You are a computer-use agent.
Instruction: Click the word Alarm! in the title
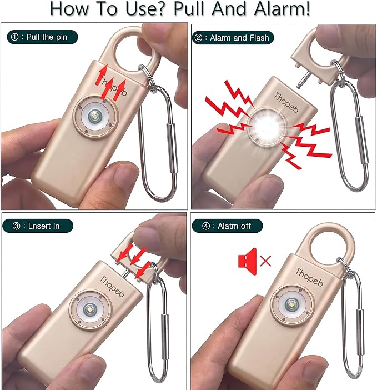282,9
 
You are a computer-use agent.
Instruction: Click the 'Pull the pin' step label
42,37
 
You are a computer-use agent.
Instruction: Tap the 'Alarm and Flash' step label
233,38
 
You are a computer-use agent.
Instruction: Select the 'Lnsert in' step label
38,226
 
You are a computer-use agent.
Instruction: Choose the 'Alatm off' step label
227,226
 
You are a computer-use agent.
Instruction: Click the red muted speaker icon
247,262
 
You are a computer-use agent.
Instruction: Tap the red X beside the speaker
265,261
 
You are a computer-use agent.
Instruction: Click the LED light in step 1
95,117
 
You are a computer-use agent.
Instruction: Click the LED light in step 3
90,310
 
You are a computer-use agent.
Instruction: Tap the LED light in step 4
291,305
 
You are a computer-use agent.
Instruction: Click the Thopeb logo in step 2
286,102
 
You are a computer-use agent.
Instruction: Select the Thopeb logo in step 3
112,287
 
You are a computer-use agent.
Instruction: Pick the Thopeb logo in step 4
309,277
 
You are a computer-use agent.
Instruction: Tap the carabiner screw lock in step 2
361,140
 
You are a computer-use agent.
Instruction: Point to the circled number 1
14,37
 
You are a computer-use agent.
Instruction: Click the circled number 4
206,226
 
